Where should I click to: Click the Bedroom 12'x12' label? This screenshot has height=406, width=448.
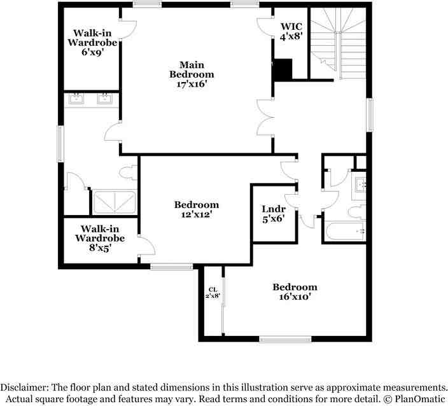pyautogui.click(x=197, y=209)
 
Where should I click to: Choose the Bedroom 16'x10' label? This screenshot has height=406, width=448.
pyautogui.click(x=294, y=291)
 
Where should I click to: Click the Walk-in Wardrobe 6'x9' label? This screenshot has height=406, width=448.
pyautogui.click(x=93, y=42)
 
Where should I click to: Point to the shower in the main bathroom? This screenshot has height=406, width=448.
pyautogui.click(x=115, y=203)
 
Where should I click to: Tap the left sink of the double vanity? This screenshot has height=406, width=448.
pyautogui.click(x=77, y=99)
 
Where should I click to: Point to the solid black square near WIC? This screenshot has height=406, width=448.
pyautogui.click(x=282, y=69)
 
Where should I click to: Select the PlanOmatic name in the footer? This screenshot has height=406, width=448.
pyautogui.click(x=418, y=398)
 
